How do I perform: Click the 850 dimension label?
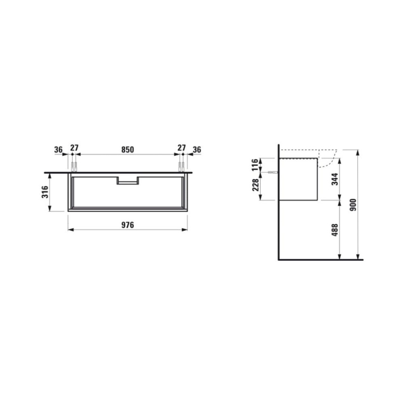128,149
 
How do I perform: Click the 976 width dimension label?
128,225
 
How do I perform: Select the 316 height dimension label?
45,192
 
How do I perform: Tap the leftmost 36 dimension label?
59,149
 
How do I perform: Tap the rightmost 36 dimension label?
197,149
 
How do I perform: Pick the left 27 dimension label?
74,148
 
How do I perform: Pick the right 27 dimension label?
181,148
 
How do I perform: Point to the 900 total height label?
352,205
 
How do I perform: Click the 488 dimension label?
335,230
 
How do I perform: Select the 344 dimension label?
335,179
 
